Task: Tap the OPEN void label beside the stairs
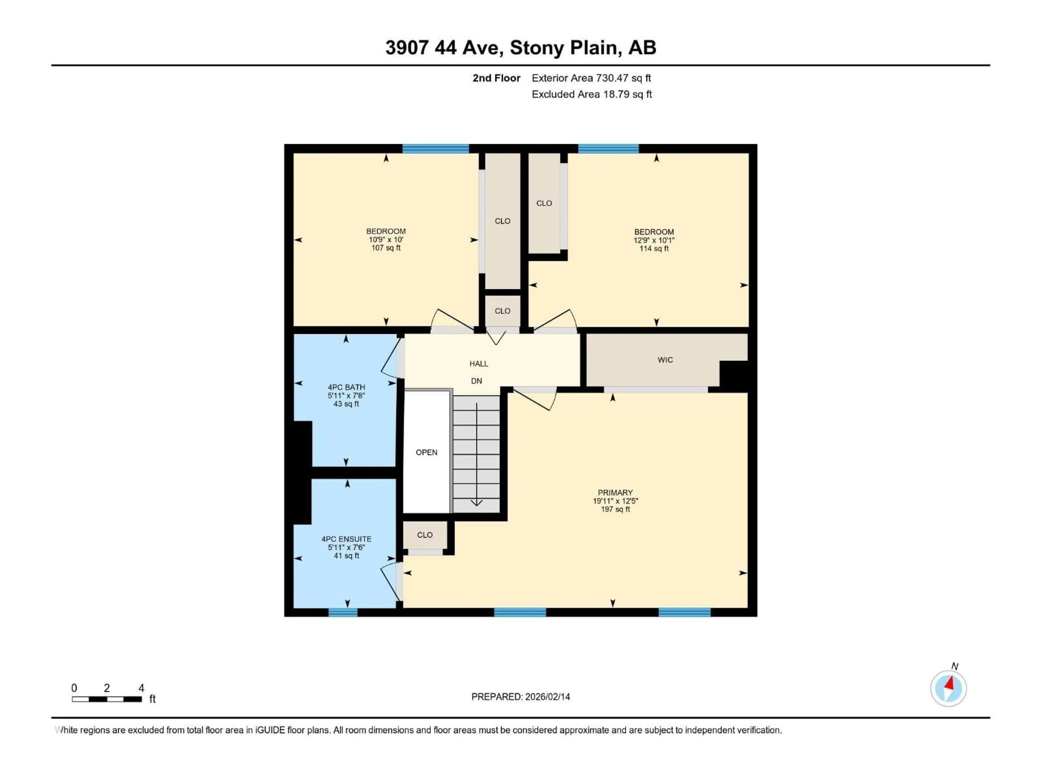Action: coord(426,452)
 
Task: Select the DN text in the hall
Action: coord(476,381)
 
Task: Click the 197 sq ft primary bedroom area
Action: coord(615,509)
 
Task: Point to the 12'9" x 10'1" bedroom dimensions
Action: coord(654,240)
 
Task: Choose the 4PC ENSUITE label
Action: coord(346,539)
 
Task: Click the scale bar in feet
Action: coord(107,699)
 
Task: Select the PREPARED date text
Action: coord(520,697)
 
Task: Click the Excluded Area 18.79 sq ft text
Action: coord(592,94)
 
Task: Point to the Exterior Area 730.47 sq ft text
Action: coord(591,78)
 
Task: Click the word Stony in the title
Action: coord(537,47)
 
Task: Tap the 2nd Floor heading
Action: coord(497,78)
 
